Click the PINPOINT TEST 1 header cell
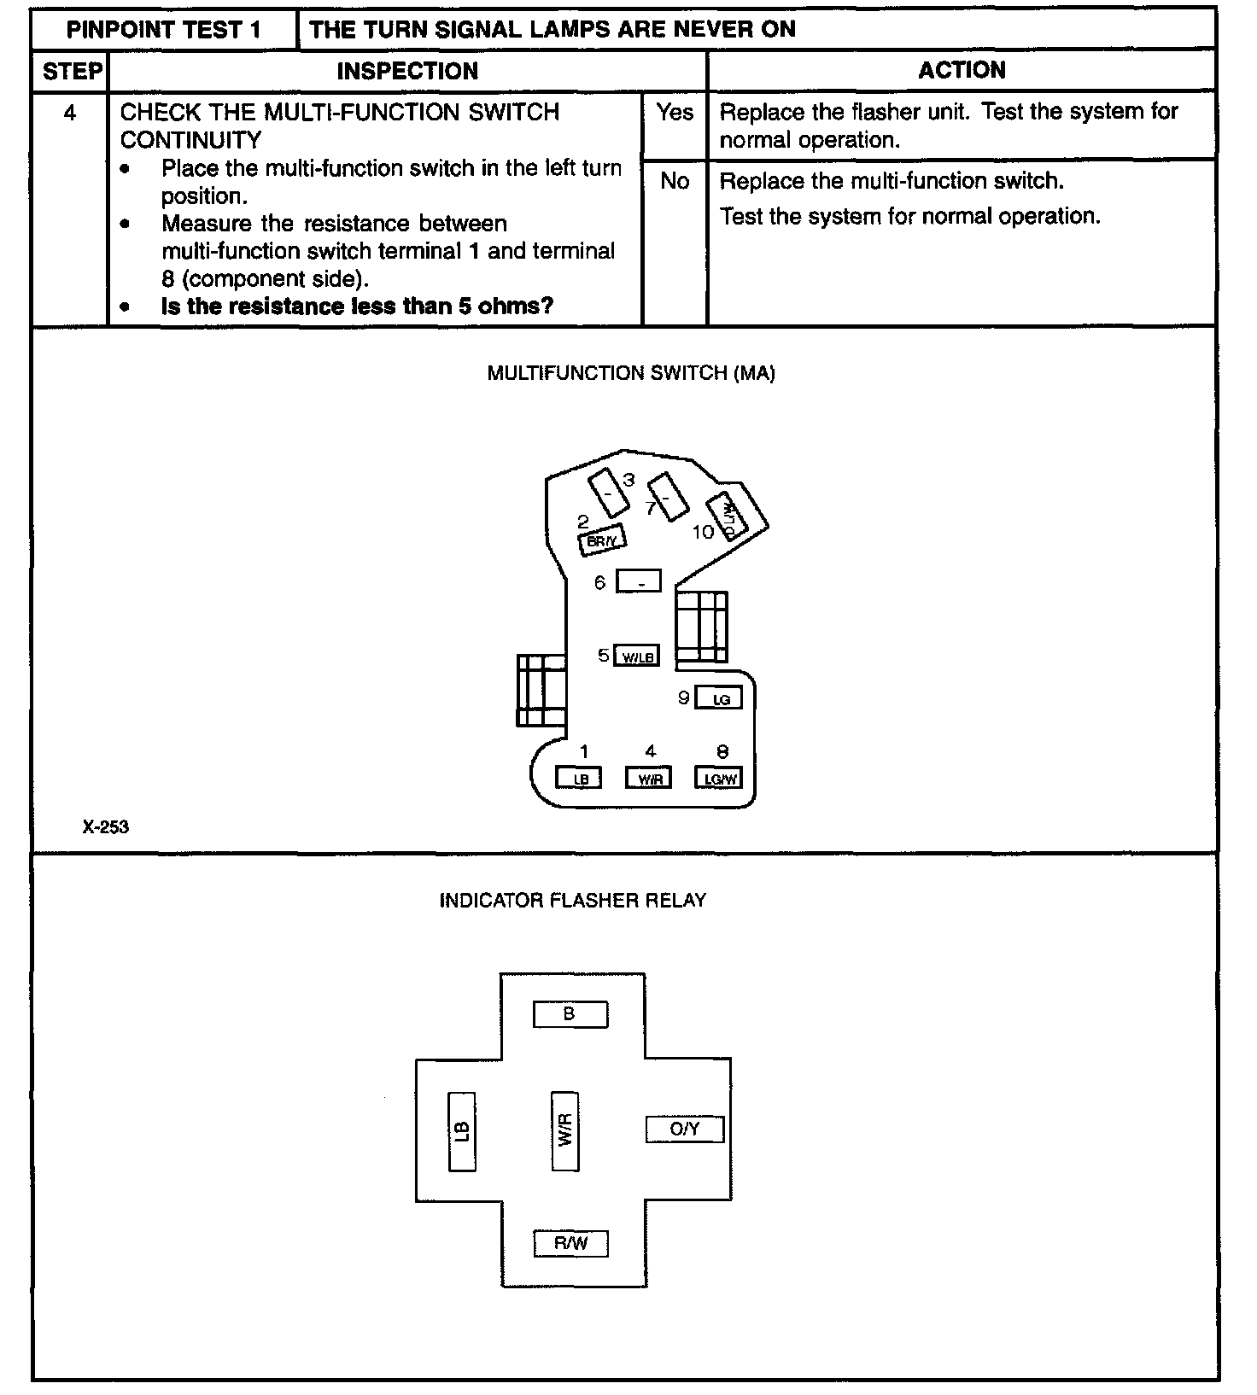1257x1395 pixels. tap(164, 30)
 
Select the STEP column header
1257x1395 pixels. tap(71, 72)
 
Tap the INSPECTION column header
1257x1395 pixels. tap(407, 72)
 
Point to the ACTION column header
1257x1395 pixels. tap(962, 71)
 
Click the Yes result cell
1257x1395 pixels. tap(675, 112)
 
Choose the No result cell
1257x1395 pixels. tap(675, 181)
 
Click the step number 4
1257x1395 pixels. tap(70, 113)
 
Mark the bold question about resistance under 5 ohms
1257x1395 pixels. tap(357, 306)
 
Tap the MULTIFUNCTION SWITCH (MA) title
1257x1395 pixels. tap(631, 373)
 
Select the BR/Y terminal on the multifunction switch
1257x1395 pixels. tap(603, 540)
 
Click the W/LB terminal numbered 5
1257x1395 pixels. tap(637, 657)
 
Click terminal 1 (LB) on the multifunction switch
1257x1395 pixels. tap(579, 779)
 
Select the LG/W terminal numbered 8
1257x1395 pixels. tap(719, 779)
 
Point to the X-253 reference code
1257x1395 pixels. tap(106, 826)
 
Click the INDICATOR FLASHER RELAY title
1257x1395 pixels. tap(572, 901)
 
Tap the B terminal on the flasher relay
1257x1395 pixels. tap(570, 1014)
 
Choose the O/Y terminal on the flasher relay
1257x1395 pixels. tap(685, 1129)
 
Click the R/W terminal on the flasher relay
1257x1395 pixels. tap(570, 1243)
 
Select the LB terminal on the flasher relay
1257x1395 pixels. tap(462, 1131)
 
